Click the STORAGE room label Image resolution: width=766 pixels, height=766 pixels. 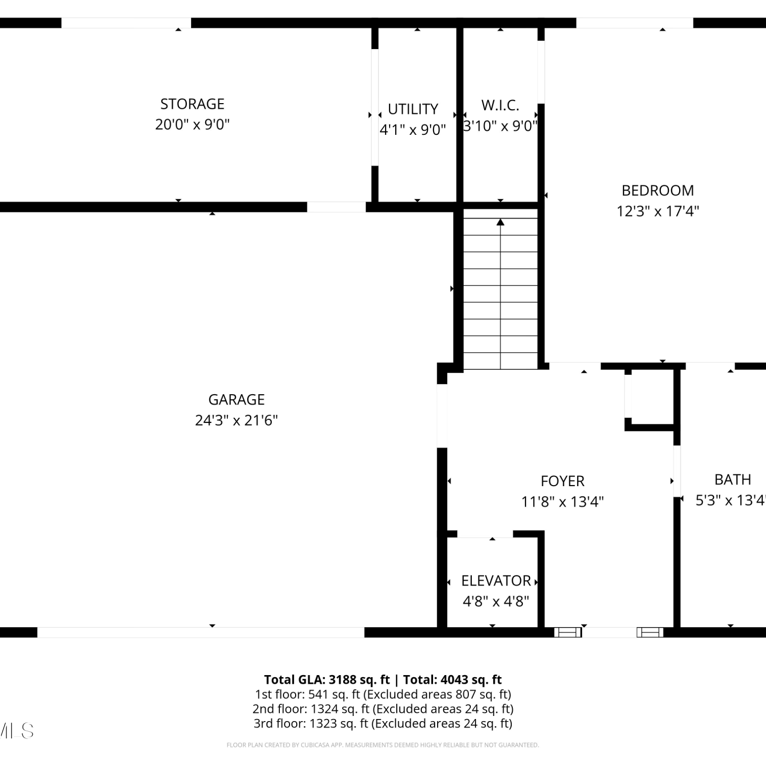click(x=192, y=104)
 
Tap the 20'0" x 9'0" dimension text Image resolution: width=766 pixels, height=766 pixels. click(x=192, y=125)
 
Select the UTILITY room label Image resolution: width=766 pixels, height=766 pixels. click(x=413, y=109)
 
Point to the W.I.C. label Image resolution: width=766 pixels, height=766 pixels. click(x=500, y=105)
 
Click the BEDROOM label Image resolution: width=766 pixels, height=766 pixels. click(x=658, y=190)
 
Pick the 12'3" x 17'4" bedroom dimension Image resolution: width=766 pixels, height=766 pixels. click(x=658, y=211)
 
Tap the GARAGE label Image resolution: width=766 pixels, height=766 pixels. click(x=236, y=399)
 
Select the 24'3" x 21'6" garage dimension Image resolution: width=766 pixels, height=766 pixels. click(x=236, y=420)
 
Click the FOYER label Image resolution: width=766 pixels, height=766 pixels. click(x=562, y=481)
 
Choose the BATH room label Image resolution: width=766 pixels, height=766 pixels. click(x=733, y=480)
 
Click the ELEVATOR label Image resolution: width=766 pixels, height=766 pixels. click(x=496, y=581)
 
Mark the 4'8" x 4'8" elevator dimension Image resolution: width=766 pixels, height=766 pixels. click(x=496, y=601)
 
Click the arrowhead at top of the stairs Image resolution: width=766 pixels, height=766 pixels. click(x=500, y=222)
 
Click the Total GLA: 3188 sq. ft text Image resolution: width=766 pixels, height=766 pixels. click(x=327, y=680)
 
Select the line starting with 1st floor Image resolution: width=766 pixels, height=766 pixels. click(x=383, y=695)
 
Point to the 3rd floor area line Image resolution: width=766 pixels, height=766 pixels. click(x=383, y=724)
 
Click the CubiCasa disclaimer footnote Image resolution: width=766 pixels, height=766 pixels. click(x=383, y=745)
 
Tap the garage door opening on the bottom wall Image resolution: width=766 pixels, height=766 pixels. click(x=201, y=632)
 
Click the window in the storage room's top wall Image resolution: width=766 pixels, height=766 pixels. click(x=126, y=23)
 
